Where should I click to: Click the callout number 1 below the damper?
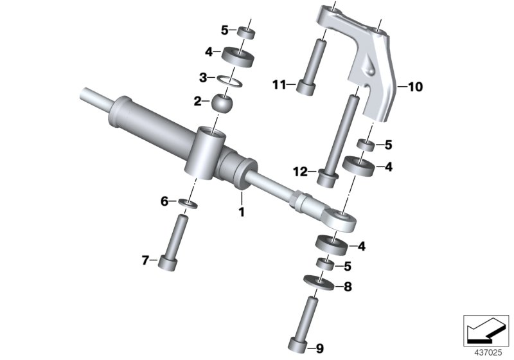pos(242,212)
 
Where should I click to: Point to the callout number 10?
pos(412,87)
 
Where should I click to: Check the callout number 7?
pos(145,260)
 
